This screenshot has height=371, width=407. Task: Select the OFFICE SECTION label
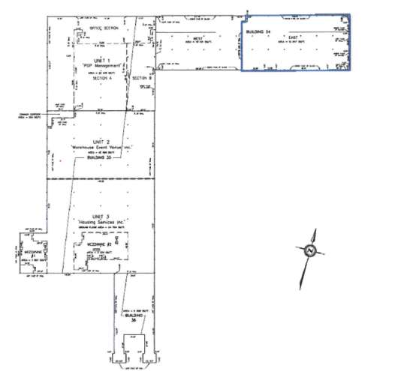click(104, 28)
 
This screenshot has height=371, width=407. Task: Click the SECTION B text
click(142, 77)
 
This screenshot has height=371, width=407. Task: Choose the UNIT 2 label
click(101, 142)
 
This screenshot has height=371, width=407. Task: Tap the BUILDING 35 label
click(101, 159)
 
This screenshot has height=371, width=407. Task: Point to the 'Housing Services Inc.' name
click(103, 223)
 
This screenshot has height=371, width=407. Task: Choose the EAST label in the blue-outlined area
click(293, 36)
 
